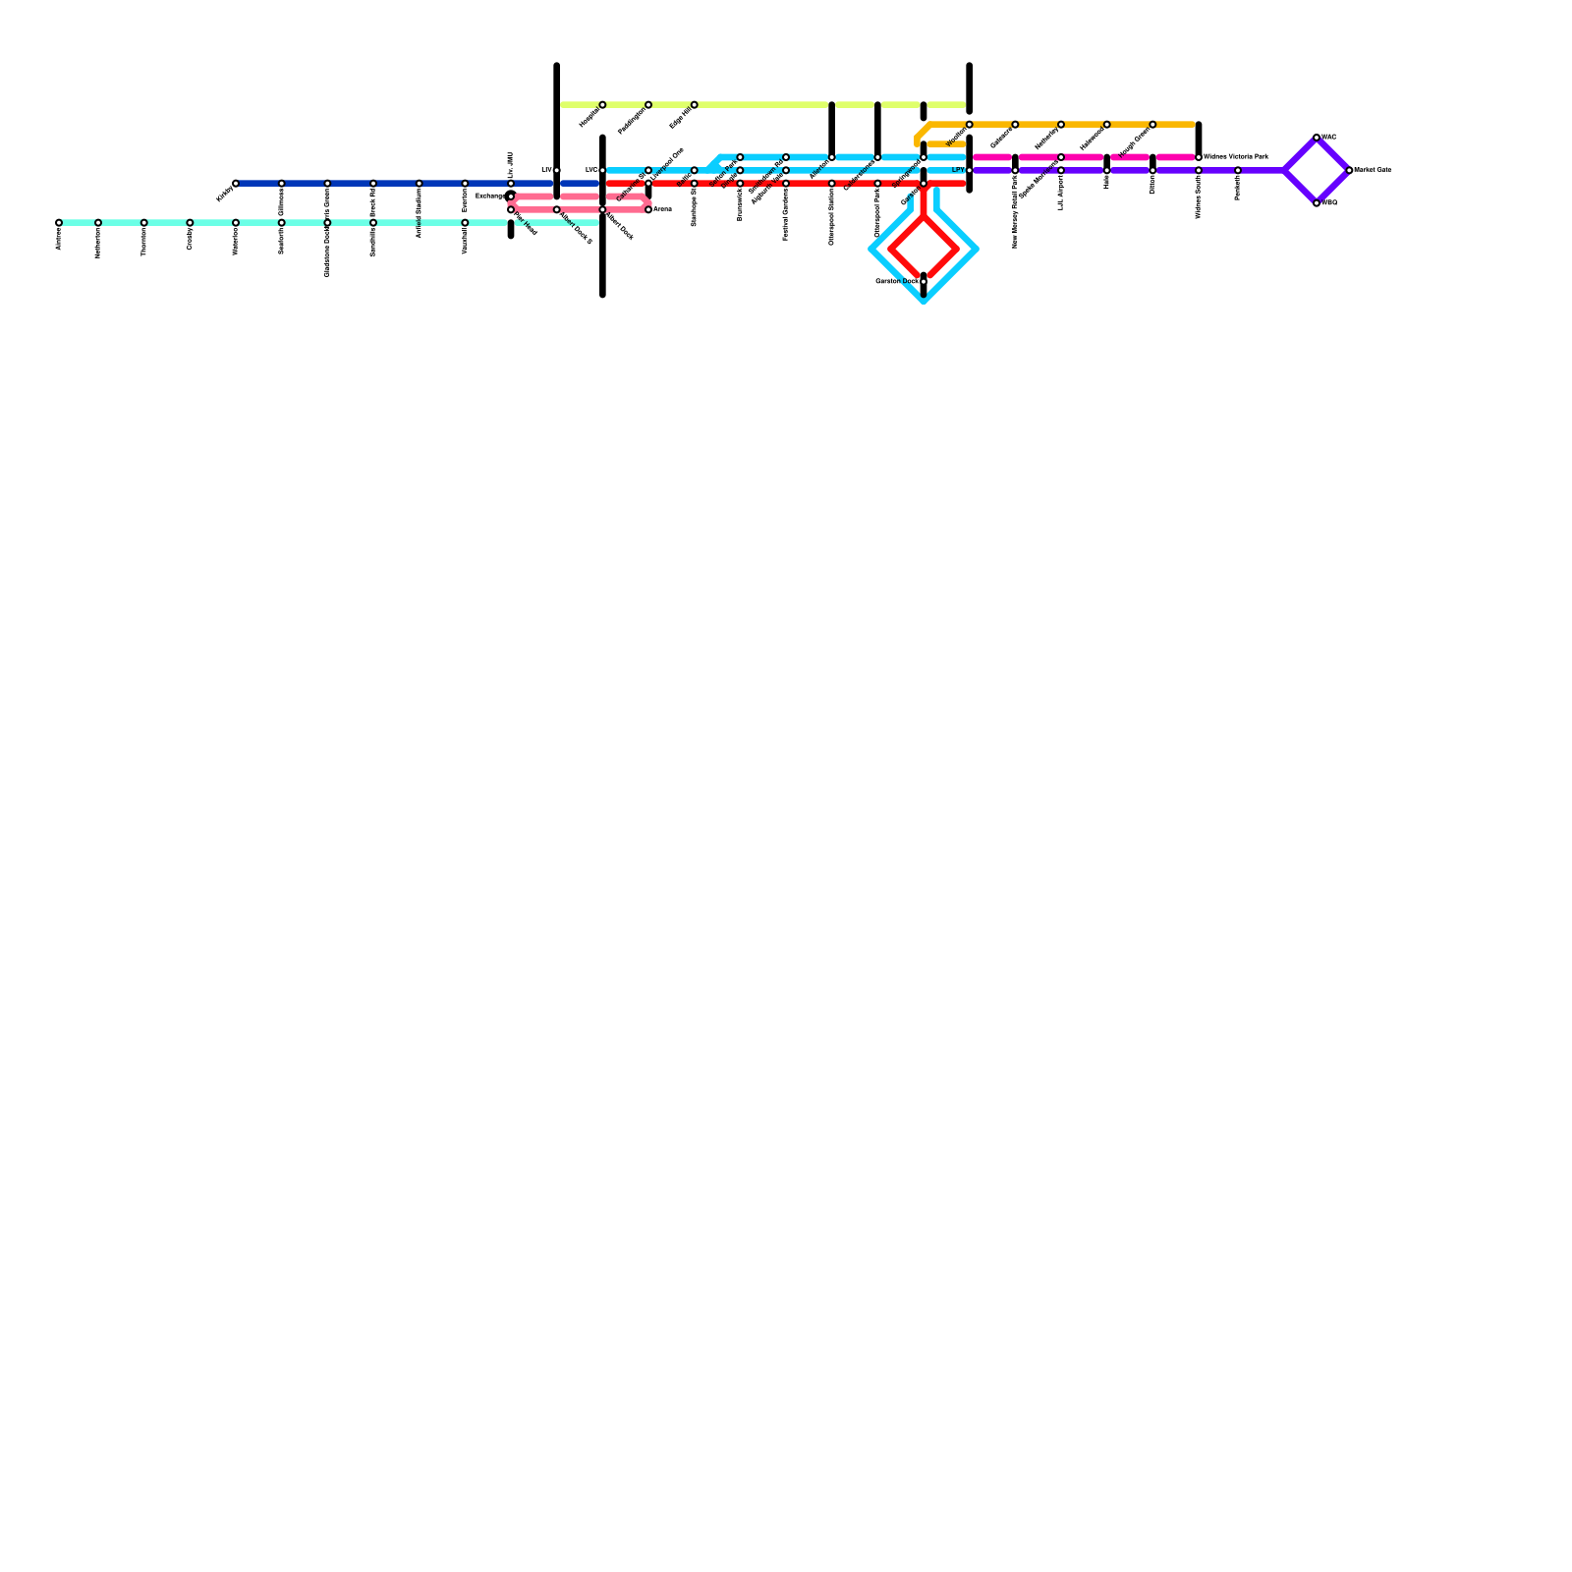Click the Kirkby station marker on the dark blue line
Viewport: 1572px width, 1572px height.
coord(236,184)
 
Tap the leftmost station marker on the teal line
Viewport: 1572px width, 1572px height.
coord(59,223)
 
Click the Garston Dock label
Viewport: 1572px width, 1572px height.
coord(896,281)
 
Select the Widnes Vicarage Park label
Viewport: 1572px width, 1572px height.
coord(1236,157)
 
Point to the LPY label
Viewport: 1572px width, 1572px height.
coord(958,170)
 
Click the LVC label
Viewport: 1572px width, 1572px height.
coord(590,170)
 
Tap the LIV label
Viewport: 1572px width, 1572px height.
coord(546,170)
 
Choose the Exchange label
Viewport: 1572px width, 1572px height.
coord(489,196)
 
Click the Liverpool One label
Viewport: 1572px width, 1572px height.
coord(667,158)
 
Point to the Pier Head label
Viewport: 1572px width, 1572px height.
coord(527,226)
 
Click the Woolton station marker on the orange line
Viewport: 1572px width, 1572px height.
coord(970,125)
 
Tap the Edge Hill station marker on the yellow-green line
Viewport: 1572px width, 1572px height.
coord(695,105)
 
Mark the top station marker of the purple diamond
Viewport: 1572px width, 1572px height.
coord(1317,138)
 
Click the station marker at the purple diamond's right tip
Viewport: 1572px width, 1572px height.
coord(1349,170)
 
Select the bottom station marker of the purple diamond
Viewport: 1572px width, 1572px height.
coord(1317,203)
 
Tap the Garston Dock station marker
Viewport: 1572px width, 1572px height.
coord(924,282)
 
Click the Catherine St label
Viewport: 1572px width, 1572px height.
coord(630,189)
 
